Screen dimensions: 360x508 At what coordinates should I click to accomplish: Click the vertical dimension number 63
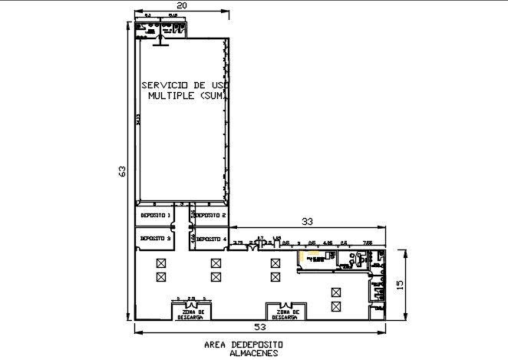(120, 171)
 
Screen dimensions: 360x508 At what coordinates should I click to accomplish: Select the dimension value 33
(307, 221)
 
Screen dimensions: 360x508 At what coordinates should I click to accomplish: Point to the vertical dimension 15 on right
(399, 284)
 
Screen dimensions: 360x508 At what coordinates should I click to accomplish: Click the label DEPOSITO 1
(155, 216)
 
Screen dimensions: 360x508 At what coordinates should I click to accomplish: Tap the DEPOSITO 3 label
(155, 239)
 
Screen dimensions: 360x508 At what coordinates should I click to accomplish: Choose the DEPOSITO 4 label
(209, 239)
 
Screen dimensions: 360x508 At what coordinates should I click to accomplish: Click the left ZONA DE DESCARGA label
(190, 314)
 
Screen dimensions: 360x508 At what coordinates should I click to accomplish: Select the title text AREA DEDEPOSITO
(244, 345)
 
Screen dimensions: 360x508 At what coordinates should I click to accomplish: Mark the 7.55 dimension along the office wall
(368, 243)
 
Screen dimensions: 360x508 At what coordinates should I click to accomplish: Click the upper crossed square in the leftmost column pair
(160, 264)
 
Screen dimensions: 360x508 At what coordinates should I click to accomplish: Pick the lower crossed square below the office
(335, 306)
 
